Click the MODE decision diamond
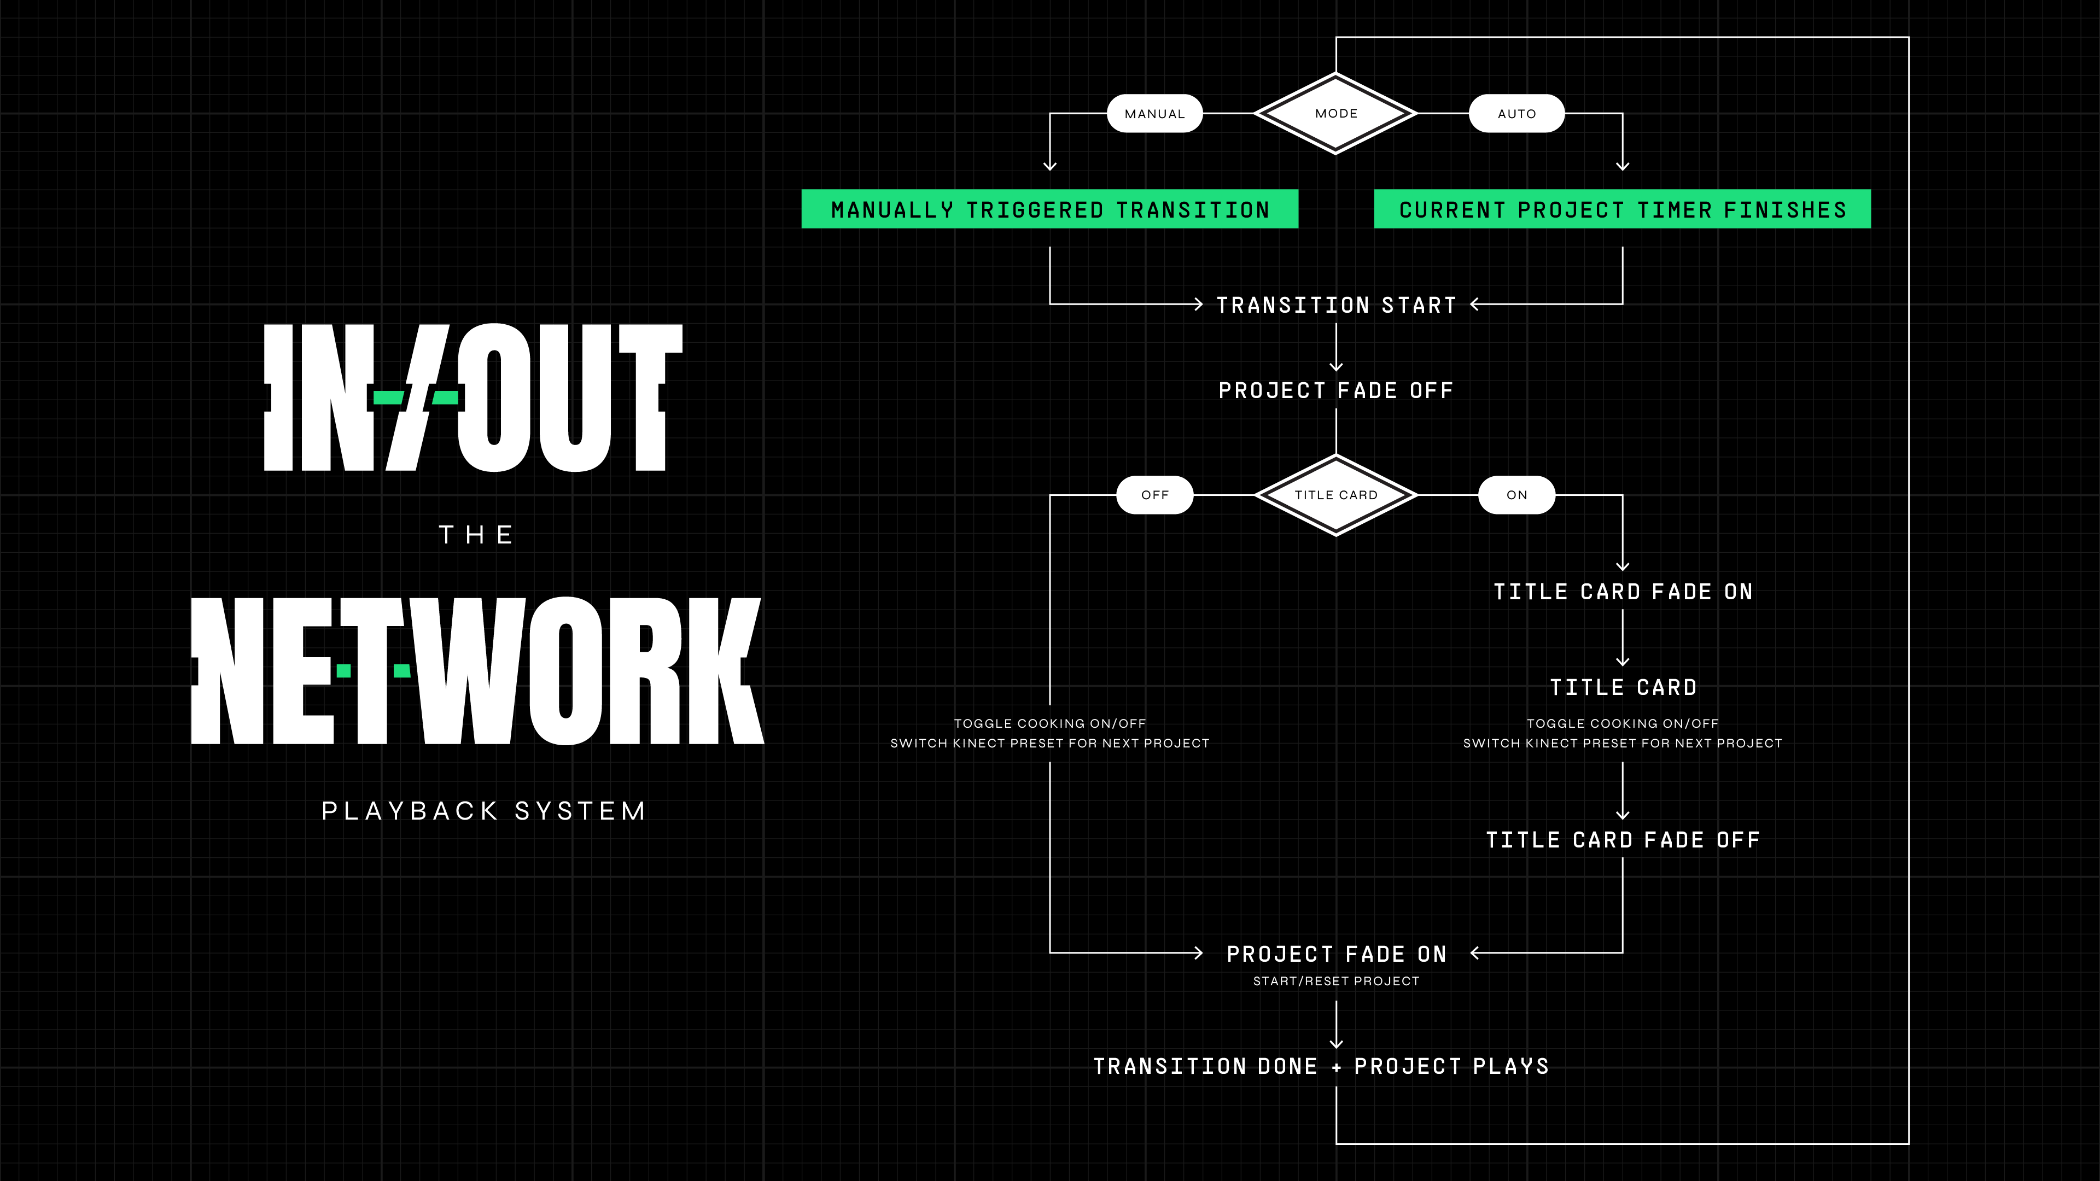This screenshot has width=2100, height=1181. (x=1335, y=113)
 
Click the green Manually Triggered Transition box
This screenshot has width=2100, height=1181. (x=1049, y=209)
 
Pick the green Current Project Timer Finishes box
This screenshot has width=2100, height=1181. (x=1622, y=209)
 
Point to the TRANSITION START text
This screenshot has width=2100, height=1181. (x=1336, y=306)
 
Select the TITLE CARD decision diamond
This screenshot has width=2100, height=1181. (x=1335, y=495)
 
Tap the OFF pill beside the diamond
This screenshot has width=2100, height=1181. (x=1154, y=495)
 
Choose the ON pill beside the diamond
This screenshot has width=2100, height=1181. (x=1516, y=495)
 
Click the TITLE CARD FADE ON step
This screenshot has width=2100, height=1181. (x=1622, y=592)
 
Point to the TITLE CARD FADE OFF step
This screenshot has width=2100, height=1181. (x=1622, y=840)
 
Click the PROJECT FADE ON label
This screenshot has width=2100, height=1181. (x=1336, y=955)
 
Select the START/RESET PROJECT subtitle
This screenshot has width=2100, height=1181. (x=1336, y=981)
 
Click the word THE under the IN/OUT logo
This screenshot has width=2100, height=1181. (x=477, y=535)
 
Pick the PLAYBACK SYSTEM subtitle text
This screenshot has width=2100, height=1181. (x=484, y=811)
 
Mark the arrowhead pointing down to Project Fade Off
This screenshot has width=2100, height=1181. (x=1336, y=367)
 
